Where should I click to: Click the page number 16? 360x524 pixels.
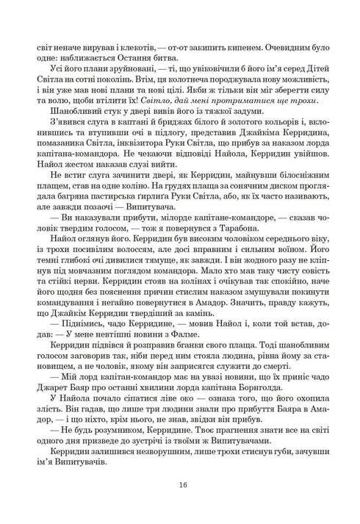(x=180, y=484)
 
